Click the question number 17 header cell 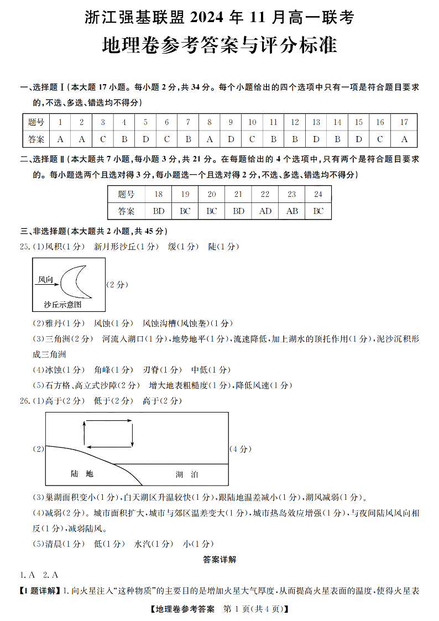coord(404,122)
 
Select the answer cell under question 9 coord(231,139)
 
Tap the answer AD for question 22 coord(265,211)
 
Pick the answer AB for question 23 coord(292,211)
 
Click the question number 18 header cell coord(159,194)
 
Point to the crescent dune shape coord(74,281)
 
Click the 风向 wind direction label coord(45,280)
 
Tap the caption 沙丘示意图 coord(62,305)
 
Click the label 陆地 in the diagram coord(82,474)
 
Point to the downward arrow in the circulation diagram coord(133,434)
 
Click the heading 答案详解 coord(219,559)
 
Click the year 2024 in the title coord(211,18)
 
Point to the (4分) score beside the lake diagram coord(241,449)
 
